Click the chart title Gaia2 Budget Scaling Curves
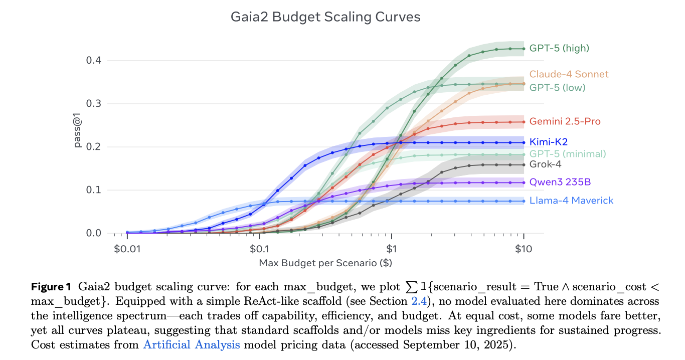coord(325,17)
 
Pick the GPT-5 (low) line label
coord(557,88)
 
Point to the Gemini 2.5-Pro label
coord(565,121)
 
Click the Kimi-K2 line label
coord(548,142)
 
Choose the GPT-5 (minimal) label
coord(567,153)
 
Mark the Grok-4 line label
coord(545,164)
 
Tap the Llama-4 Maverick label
coord(571,201)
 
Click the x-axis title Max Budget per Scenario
coord(325,262)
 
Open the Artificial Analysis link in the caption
coord(191,344)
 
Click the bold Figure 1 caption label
coord(51,287)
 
